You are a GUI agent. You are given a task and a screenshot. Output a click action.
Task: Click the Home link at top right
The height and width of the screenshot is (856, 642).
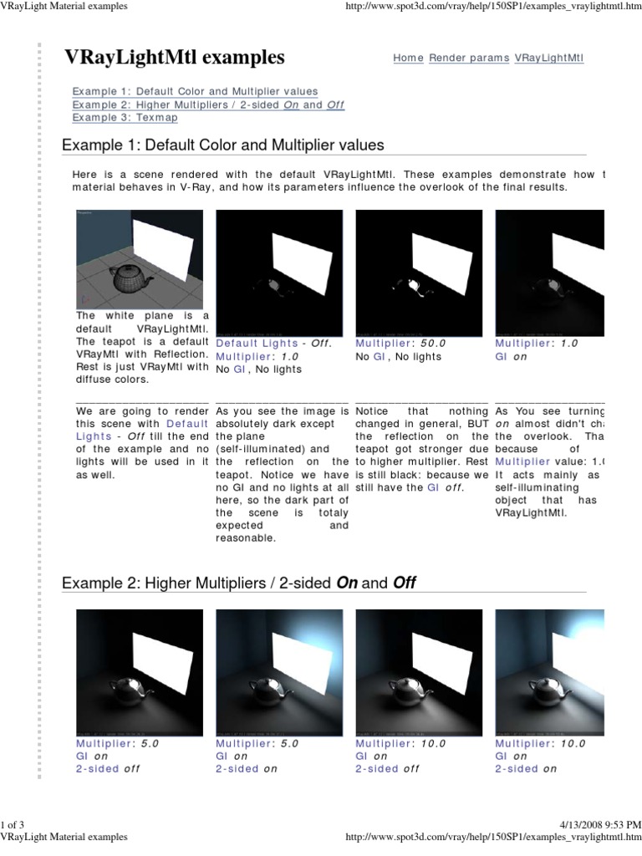409,59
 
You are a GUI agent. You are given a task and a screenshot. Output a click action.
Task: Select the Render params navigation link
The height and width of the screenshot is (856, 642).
469,59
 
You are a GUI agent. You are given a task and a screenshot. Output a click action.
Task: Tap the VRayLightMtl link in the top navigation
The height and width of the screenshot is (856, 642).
549,59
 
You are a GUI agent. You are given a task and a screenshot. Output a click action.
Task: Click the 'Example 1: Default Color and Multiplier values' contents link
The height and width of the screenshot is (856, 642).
194,91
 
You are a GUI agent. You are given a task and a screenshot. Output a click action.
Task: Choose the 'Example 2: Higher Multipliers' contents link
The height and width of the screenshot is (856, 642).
207,104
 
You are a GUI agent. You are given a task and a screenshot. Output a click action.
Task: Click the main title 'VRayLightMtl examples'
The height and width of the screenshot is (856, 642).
175,57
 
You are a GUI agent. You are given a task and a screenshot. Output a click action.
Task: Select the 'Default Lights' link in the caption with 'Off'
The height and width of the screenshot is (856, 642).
257,343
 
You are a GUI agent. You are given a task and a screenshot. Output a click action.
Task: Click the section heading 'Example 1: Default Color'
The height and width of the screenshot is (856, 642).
223,145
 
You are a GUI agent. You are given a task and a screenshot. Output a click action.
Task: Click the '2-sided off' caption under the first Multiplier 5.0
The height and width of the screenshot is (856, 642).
108,769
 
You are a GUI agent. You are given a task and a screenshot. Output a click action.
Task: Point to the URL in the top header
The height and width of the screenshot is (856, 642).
492,7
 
